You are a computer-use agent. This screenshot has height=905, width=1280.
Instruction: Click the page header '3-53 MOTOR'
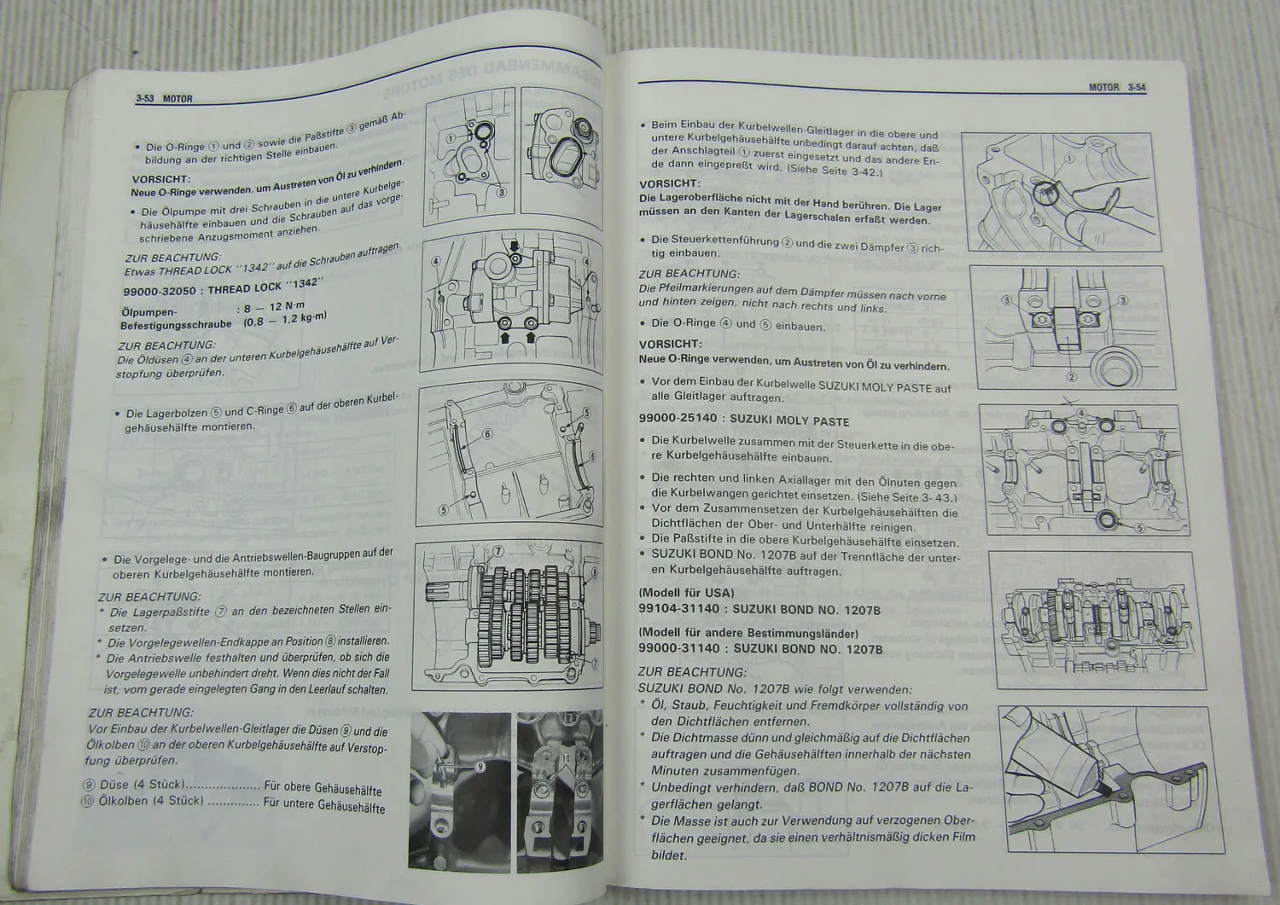point(164,99)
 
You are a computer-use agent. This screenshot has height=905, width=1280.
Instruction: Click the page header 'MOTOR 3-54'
point(1116,87)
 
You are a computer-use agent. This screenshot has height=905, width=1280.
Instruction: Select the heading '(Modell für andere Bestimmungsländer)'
point(748,633)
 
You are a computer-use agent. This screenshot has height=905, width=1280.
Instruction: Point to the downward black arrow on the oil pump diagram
point(515,248)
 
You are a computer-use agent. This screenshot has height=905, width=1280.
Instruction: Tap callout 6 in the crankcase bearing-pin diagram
point(488,434)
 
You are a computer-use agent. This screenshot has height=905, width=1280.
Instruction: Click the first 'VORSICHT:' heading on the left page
point(160,179)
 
